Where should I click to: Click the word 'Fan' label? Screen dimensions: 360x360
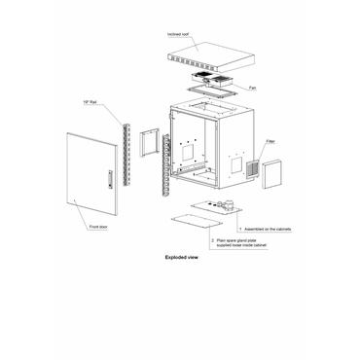tap(251, 88)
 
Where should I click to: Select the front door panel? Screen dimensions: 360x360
tap(92, 175)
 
